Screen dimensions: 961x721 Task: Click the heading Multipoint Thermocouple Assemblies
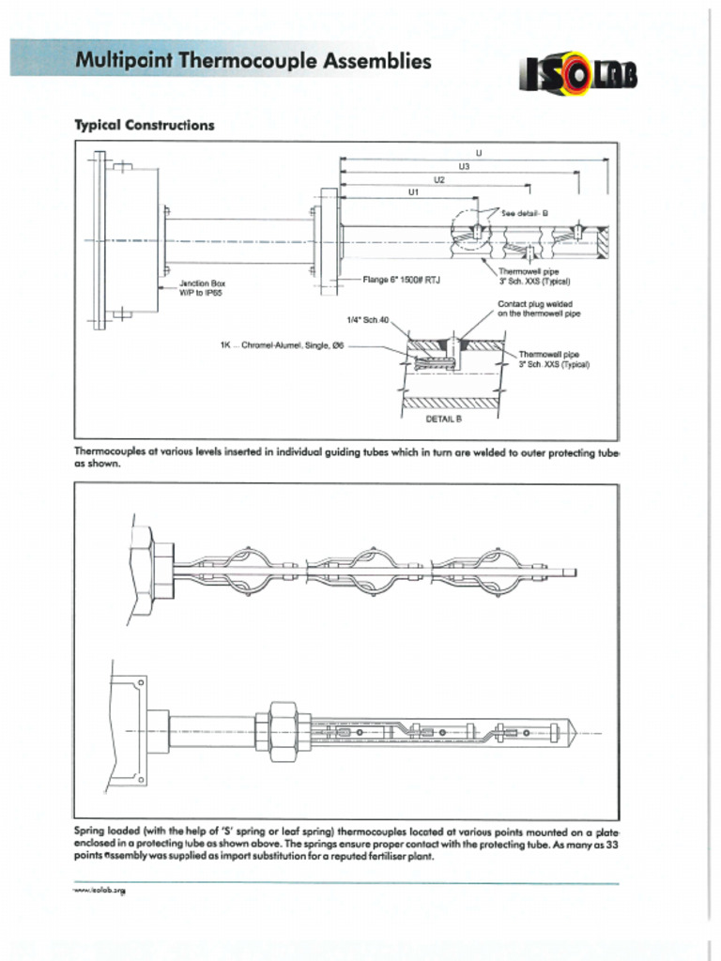(x=253, y=62)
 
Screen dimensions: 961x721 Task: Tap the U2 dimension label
(x=438, y=178)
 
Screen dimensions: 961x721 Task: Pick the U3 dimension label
(x=464, y=166)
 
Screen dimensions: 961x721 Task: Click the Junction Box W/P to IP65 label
(x=202, y=287)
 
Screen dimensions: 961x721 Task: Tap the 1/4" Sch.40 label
(x=367, y=320)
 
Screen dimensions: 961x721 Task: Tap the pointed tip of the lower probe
(x=574, y=730)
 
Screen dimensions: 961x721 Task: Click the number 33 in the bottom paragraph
(x=611, y=845)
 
